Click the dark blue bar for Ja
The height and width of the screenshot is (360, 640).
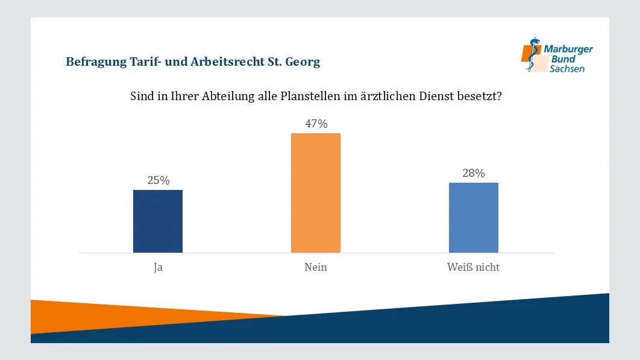[158, 221]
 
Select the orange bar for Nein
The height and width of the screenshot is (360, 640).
[316, 193]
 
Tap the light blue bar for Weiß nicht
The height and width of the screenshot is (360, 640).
[474, 218]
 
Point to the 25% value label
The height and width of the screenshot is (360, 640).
[158, 180]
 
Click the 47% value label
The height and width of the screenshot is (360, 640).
[316, 124]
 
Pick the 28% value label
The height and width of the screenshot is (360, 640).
[474, 173]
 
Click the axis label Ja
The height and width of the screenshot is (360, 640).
[158, 267]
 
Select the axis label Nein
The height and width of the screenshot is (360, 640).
[316, 267]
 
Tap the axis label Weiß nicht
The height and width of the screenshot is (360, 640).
[474, 267]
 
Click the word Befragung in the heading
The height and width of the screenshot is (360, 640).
[94, 62]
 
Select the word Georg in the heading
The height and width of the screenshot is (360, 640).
[305, 62]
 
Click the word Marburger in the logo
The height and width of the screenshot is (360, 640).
[568, 49]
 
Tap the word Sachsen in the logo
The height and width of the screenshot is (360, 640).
[567, 69]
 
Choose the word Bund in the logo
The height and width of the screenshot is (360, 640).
[563, 59]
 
